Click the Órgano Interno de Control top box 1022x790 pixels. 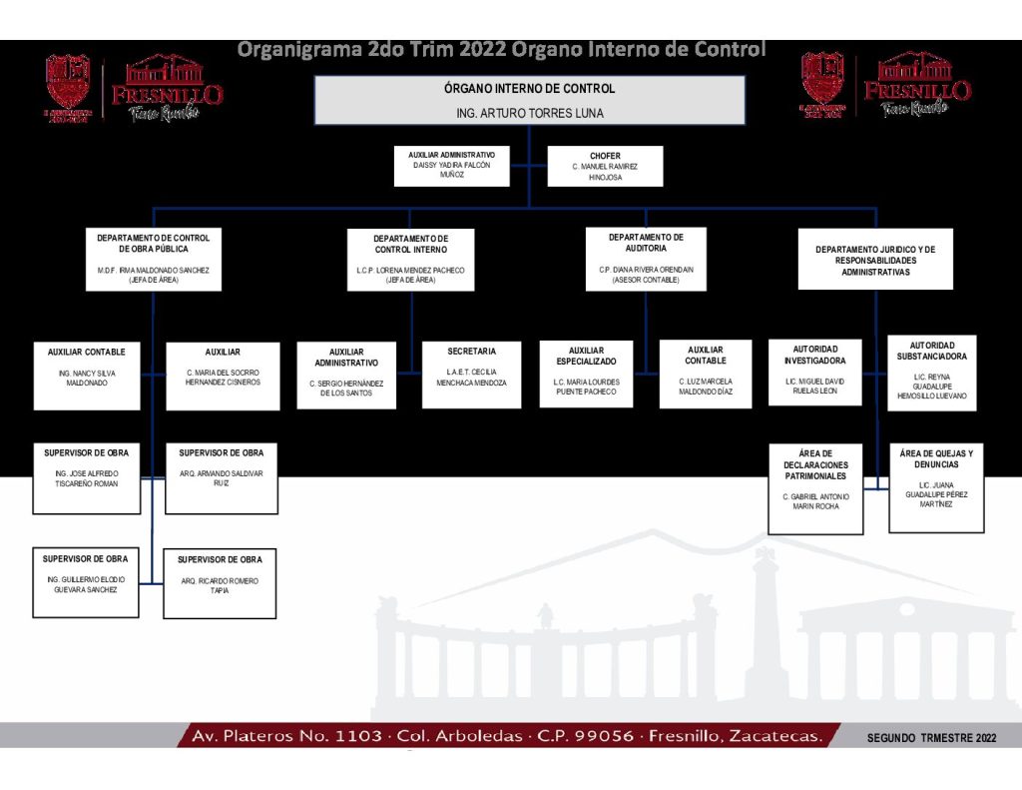click(530, 100)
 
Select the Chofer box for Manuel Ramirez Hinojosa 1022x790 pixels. click(605, 167)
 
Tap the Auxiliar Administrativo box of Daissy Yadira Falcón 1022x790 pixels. click(452, 166)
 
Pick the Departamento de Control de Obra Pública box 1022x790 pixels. click(153, 259)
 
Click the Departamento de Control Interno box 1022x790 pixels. click(410, 260)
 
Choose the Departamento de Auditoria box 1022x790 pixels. click(646, 259)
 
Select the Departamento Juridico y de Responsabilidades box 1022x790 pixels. click(875, 260)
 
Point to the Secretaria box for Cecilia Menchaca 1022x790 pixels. click(471, 375)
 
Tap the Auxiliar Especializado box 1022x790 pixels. click(586, 374)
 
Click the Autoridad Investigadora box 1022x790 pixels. click(814, 373)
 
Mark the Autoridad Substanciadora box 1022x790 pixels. click(931, 373)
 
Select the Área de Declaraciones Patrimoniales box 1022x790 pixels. click(815, 489)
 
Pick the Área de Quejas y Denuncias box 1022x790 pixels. click(935, 487)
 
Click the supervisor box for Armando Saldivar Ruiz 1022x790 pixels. click(221, 479)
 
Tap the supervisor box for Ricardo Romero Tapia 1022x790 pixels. click(220, 583)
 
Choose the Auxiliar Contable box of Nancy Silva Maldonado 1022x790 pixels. click(87, 375)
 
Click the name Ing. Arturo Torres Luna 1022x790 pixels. click(529, 114)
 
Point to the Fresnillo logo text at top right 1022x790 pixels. click(916, 91)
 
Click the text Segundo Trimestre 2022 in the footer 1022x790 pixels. click(931, 738)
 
